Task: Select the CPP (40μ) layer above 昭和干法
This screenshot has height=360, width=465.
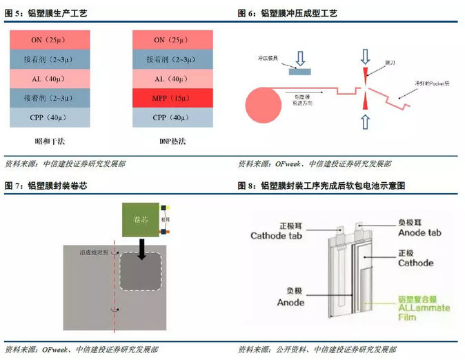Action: (46, 118)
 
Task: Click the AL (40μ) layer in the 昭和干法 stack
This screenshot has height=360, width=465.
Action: (46, 79)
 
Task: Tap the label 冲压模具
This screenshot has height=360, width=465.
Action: (268, 59)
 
